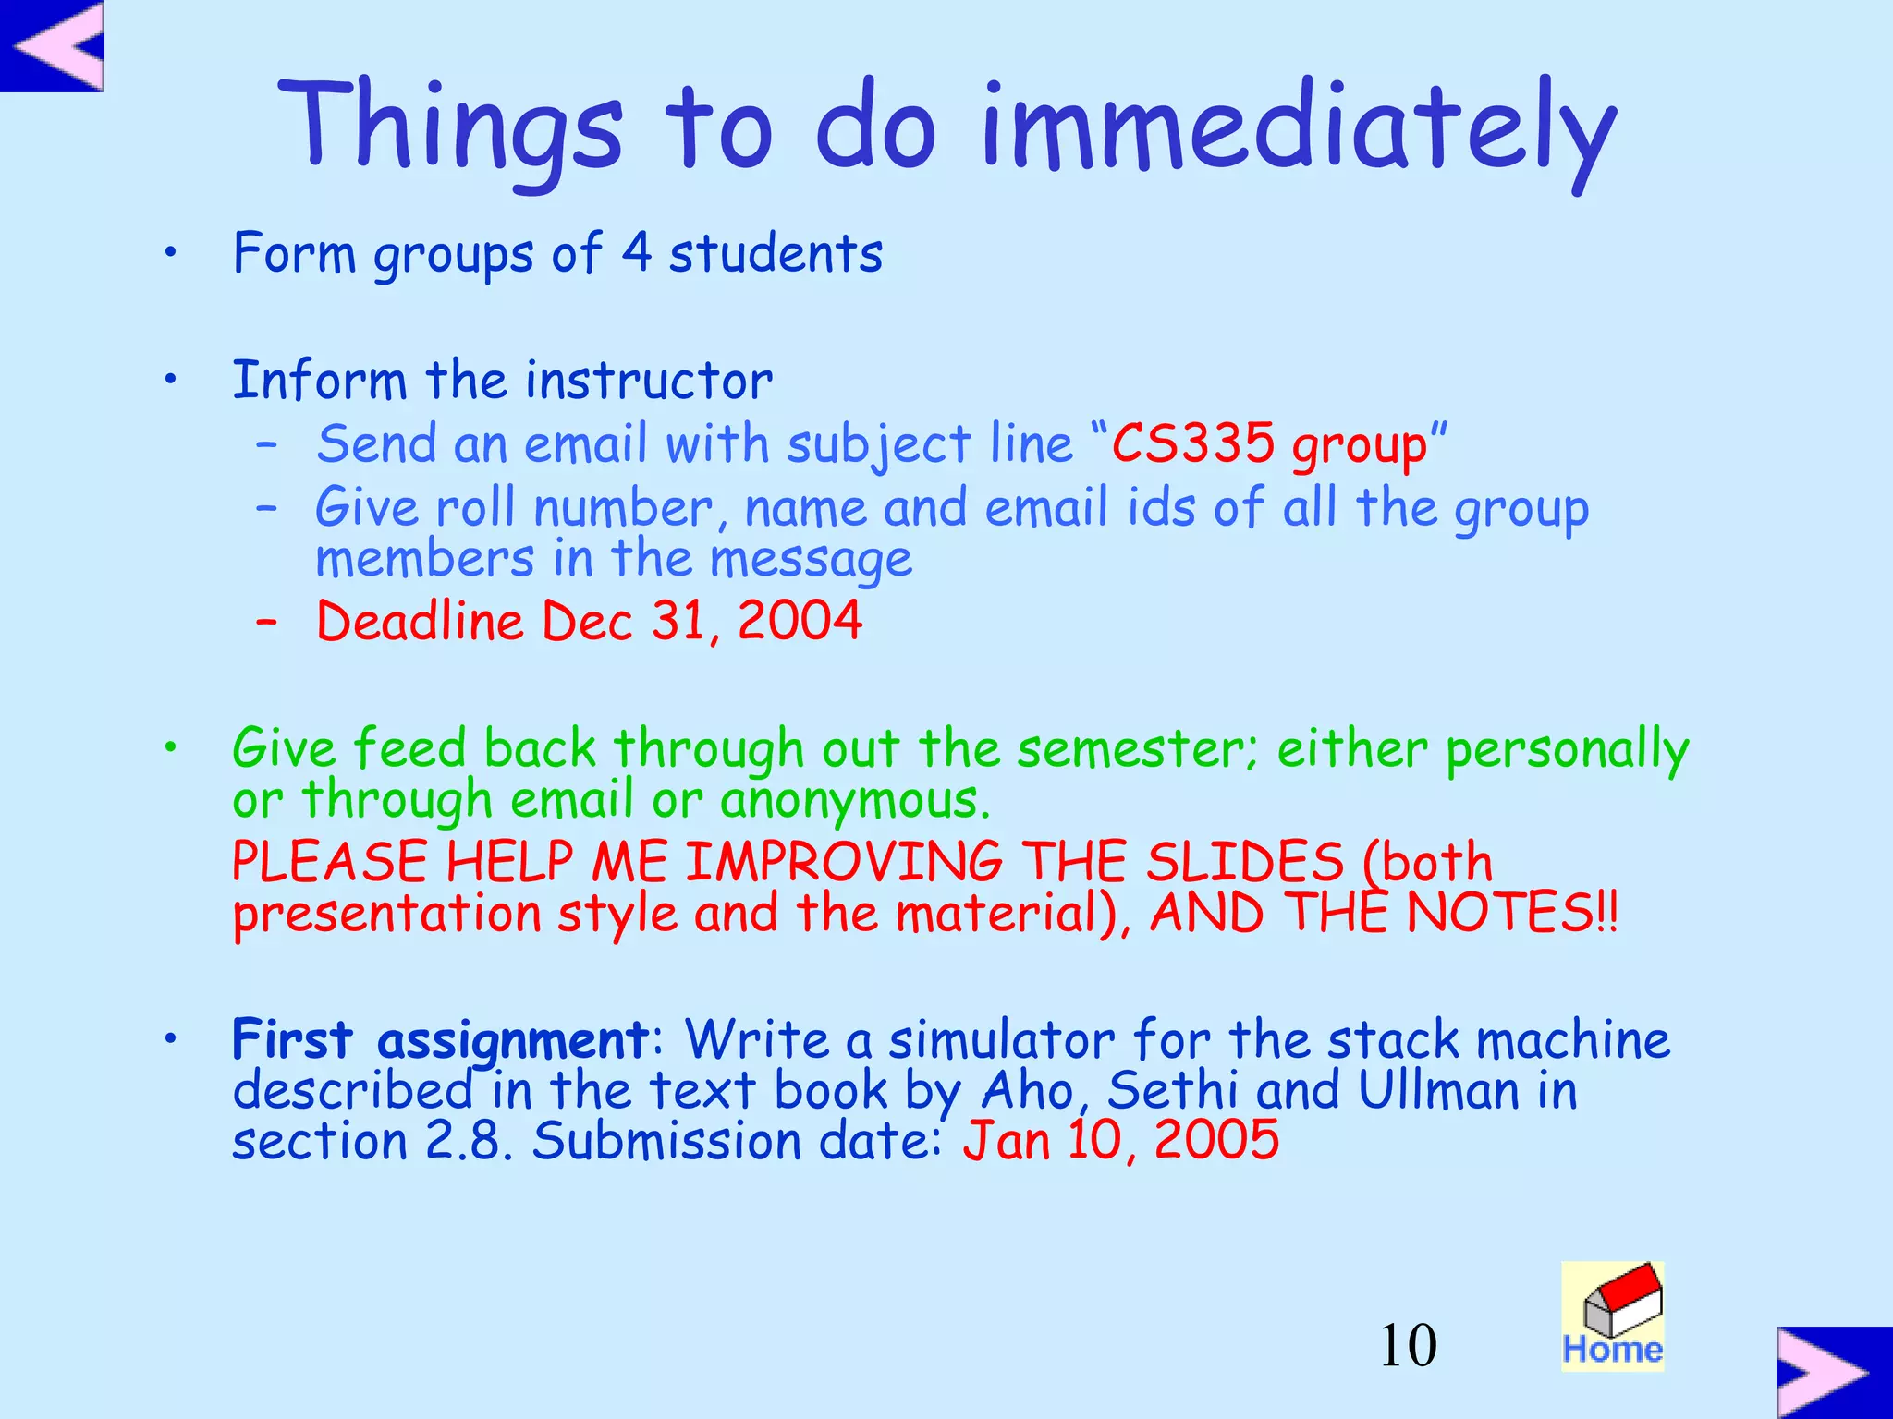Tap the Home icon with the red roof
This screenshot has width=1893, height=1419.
pyautogui.click(x=1613, y=1316)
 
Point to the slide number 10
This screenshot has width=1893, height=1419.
pyautogui.click(x=1408, y=1345)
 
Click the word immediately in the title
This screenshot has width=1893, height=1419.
pyautogui.click(x=1299, y=129)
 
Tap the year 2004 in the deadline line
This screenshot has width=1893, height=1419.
pyautogui.click(x=800, y=620)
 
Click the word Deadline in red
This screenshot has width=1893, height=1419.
pyautogui.click(x=420, y=620)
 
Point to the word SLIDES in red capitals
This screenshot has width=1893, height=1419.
pyautogui.click(x=1244, y=862)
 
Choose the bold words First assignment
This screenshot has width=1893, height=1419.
pyautogui.click(x=440, y=1040)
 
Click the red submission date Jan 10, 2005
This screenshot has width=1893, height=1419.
pyautogui.click(x=1120, y=1141)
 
